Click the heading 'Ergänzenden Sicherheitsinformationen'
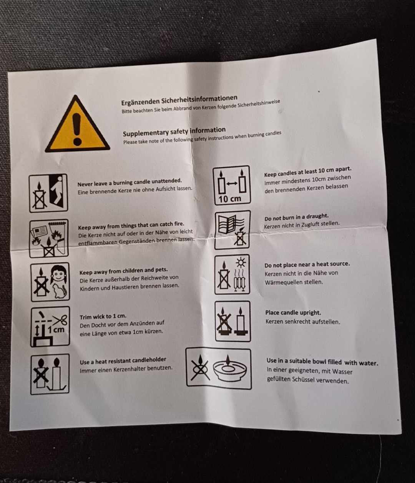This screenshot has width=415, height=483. [x=179, y=100]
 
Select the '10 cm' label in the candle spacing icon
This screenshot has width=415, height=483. [x=230, y=199]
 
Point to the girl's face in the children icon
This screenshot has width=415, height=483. [x=58, y=274]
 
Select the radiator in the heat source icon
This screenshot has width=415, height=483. [x=241, y=283]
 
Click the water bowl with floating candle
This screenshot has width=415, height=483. [x=230, y=369]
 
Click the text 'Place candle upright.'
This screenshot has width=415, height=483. [x=293, y=313]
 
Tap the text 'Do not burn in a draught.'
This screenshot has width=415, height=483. [x=296, y=217]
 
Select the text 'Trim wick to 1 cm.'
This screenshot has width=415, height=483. [x=103, y=317]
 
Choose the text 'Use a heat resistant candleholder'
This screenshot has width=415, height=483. [x=123, y=361]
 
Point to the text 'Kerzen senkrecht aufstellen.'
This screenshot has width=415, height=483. [x=303, y=322]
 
